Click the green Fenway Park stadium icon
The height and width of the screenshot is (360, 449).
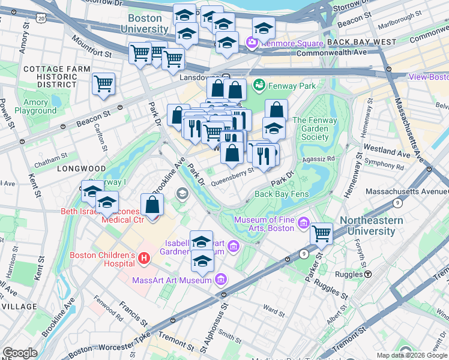[x=260, y=86]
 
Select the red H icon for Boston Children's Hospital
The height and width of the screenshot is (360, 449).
[x=143, y=259]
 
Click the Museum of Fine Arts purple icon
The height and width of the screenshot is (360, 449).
[x=304, y=224]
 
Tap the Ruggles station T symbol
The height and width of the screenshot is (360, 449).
[x=367, y=274]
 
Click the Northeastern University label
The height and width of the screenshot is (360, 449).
[x=371, y=226]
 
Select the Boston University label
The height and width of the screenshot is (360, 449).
[x=145, y=24]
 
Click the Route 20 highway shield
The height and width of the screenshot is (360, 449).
[x=41, y=19]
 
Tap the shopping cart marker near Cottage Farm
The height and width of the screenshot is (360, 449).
[x=103, y=83]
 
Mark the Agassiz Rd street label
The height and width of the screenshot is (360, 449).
[x=322, y=159]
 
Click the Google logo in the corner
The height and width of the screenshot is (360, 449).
[x=19, y=353]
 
